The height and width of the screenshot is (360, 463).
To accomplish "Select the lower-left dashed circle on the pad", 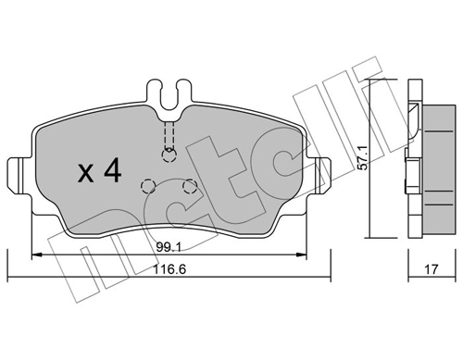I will point(146,185).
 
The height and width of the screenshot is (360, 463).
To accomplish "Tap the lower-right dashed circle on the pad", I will point(189,186).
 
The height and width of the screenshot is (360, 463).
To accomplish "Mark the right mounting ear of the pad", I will point(319,174).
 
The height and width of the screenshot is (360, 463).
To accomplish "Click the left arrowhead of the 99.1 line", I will point(38,254).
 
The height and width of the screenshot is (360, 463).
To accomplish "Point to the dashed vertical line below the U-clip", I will point(168,134).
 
